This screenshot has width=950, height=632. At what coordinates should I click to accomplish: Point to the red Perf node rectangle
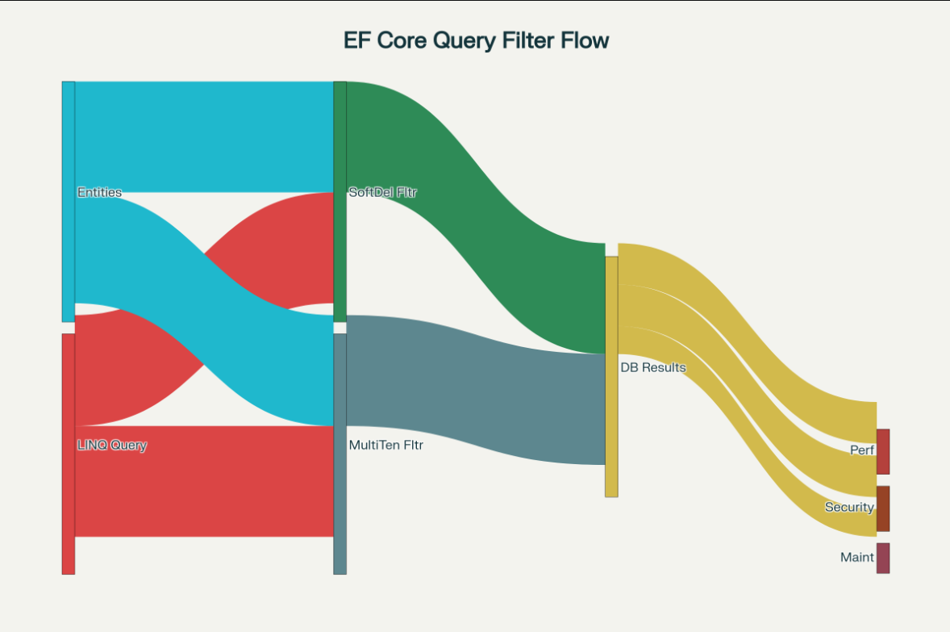point(883,451)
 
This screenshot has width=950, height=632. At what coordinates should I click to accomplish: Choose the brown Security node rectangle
point(883,509)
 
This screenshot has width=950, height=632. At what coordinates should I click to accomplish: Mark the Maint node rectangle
point(883,558)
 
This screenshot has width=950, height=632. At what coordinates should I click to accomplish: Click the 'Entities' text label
point(99,192)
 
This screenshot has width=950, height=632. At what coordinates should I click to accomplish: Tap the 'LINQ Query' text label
point(112,445)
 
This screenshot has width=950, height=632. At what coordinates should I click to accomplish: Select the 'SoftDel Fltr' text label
point(382,192)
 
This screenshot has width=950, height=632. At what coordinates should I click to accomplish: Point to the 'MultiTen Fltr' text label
point(386,445)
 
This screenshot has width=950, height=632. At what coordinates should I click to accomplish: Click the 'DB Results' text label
point(652,367)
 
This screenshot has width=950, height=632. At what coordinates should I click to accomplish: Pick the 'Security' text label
point(849,507)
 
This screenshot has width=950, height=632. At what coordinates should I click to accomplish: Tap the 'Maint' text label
point(856,557)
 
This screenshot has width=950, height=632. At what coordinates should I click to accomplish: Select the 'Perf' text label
point(861,450)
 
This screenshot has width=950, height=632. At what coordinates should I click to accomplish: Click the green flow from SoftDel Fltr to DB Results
point(476,218)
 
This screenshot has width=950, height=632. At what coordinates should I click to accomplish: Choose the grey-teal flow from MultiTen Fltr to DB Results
point(476,387)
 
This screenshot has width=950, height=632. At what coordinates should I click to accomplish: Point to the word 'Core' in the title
point(400,40)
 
